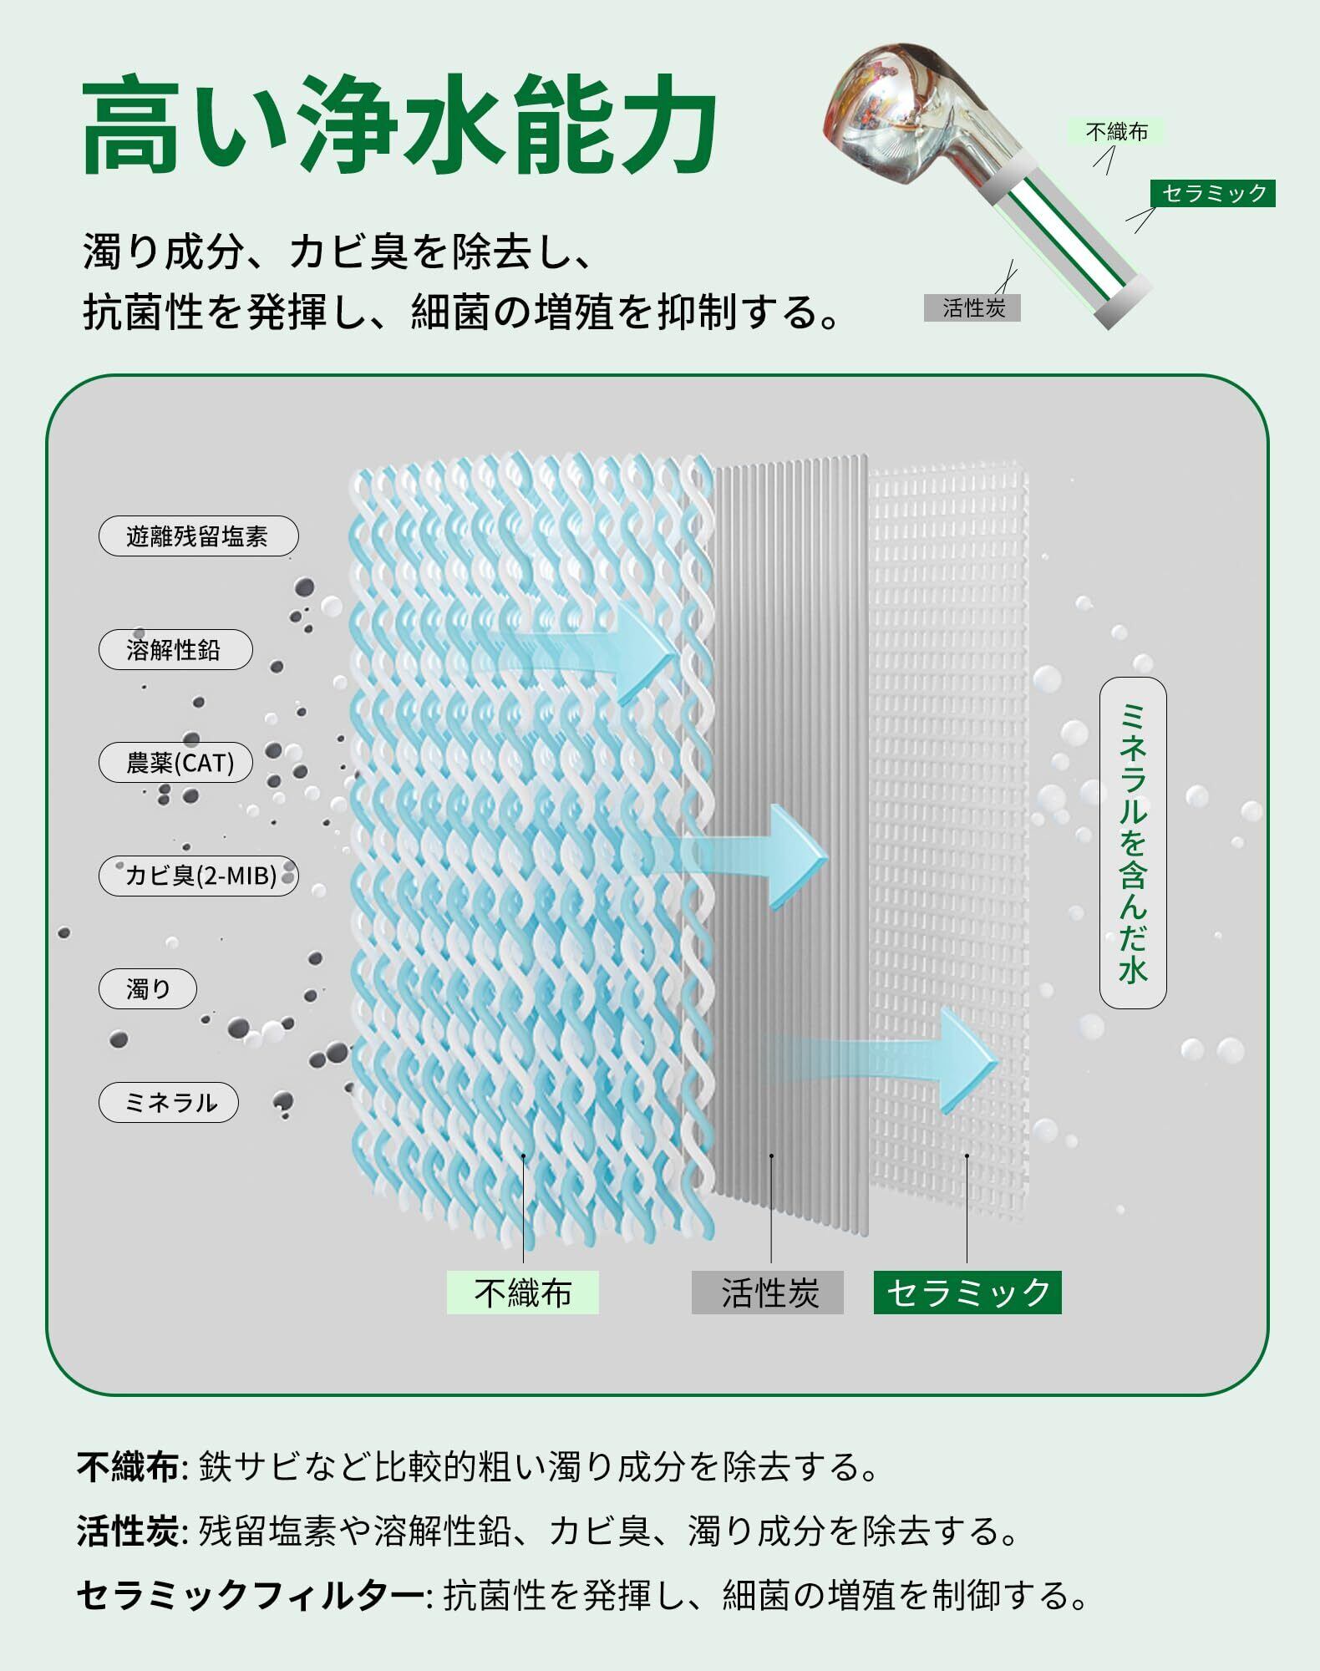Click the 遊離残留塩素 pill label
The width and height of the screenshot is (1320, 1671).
(198, 536)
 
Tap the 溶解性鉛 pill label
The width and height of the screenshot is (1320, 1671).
(175, 650)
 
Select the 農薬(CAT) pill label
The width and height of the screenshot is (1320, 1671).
(175, 763)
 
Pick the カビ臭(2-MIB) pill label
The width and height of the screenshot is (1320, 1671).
(199, 876)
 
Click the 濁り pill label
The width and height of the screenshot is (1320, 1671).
(148, 989)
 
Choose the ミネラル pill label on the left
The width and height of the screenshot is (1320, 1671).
(169, 1103)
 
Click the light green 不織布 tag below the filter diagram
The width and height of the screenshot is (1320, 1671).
(522, 1293)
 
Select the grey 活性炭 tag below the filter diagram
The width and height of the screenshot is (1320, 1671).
(767, 1293)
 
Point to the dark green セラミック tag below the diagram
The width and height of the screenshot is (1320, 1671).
(967, 1293)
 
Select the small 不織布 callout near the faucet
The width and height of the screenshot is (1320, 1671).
(1115, 131)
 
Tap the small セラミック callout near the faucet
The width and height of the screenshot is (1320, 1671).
(1213, 193)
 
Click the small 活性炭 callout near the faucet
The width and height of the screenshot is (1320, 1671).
(972, 308)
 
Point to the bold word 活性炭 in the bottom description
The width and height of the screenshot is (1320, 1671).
(127, 1531)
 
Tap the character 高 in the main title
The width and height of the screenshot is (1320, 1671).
(134, 125)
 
